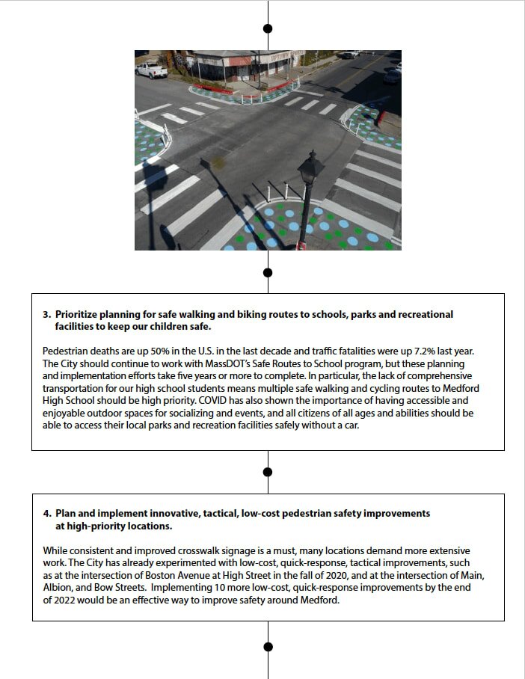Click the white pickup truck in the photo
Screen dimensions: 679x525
click(152, 70)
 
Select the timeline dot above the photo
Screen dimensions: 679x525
click(268, 28)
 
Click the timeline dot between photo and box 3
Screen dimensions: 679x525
click(268, 272)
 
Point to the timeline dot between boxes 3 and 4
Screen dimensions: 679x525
click(268, 472)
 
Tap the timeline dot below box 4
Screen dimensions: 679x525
click(268, 646)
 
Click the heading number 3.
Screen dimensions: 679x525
click(46, 315)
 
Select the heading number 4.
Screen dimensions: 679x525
click(46, 514)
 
